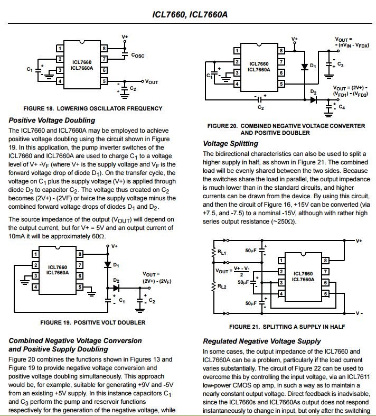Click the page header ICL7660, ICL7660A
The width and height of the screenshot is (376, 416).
[190, 14]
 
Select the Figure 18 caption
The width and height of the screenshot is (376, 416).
[93, 108]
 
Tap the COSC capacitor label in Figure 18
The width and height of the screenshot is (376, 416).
[138, 55]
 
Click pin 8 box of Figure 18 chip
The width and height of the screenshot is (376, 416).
[104, 48]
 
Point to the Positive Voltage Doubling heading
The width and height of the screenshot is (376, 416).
[52, 120]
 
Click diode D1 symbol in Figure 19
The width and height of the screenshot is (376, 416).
[108, 264]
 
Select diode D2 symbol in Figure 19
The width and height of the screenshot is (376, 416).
[116, 288]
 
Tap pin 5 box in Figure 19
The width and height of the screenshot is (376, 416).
[80, 287]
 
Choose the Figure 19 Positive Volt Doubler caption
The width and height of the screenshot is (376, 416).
[93, 322]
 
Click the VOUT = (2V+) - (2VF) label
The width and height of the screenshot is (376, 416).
[157, 278]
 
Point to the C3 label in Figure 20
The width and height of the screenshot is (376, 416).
[341, 64]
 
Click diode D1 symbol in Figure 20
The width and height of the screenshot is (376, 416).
[305, 67]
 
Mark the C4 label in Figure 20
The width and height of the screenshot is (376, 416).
[342, 107]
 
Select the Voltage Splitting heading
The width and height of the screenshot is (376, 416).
[230, 144]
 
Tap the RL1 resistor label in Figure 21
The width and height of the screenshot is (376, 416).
[222, 252]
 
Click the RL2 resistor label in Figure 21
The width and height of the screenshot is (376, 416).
[222, 286]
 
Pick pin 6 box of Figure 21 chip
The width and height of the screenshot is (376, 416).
[325, 283]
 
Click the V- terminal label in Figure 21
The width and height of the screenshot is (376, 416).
[359, 313]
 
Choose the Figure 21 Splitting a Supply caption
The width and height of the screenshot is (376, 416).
[287, 327]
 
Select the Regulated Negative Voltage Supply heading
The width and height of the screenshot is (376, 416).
[262, 341]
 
